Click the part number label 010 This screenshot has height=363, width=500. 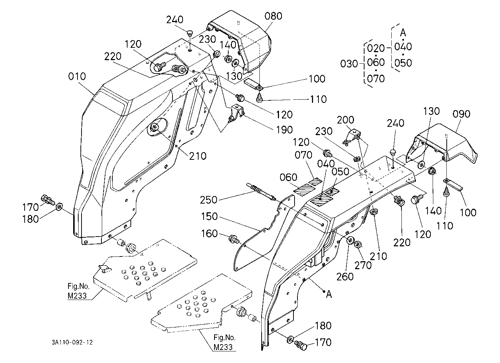[x=77, y=76]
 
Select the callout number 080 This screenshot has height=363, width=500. [x=273, y=16]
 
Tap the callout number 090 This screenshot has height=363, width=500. [x=461, y=114]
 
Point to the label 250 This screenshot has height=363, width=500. [x=208, y=200]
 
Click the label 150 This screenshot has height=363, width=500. [x=209, y=216]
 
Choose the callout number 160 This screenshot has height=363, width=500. [x=209, y=234]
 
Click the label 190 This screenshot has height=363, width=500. [x=284, y=130]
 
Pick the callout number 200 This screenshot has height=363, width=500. [x=345, y=120]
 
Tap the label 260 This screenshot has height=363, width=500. [x=345, y=277]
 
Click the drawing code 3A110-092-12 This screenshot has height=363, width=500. [x=72, y=342]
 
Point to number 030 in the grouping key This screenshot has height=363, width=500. [x=349, y=64]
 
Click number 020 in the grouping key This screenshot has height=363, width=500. [x=376, y=48]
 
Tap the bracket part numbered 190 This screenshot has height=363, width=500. [x=236, y=113]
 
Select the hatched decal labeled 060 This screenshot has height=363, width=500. [x=304, y=191]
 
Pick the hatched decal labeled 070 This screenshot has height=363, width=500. [x=316, y=181]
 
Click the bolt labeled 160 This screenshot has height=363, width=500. [x=234, y=239]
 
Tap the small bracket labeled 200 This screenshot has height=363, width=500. [x=351, y=137]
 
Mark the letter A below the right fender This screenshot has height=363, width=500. [x=329, y=295]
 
